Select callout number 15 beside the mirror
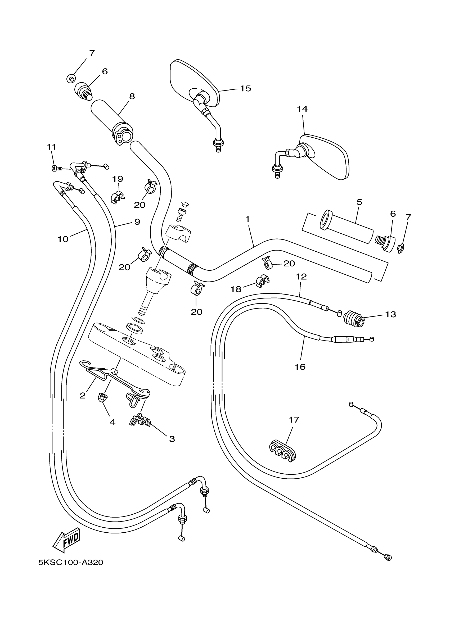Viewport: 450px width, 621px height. pos(245,88)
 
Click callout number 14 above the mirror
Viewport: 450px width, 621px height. pos(302,109)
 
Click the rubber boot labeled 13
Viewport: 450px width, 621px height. pos(353,319)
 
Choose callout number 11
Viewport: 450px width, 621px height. pos(51,147)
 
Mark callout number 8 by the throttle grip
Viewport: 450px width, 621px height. pos(132,96)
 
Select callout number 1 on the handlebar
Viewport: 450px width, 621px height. pos(247,219)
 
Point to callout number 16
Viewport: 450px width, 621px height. pos(300,367)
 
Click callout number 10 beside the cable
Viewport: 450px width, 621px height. pos(63,239)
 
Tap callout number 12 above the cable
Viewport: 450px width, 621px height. pos(301,276)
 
